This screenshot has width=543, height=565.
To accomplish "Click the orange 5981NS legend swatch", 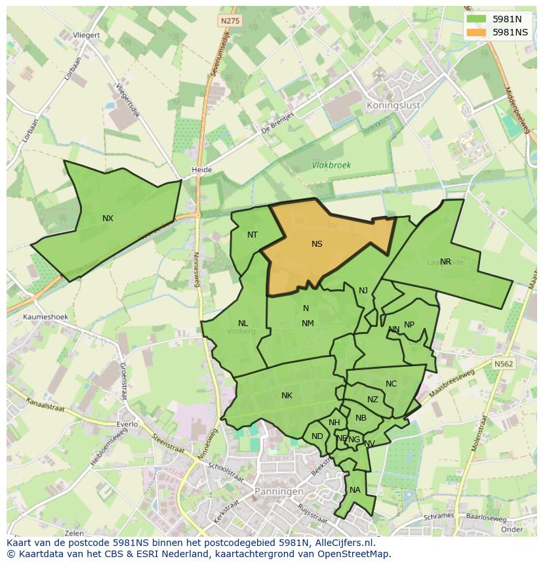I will [479, 32].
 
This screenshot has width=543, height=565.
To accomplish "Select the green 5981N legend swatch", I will [479, 19].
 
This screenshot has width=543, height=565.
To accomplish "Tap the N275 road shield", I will [230, 21].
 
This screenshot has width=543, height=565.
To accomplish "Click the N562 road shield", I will [504, 364].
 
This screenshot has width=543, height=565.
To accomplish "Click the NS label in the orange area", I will [317, 244].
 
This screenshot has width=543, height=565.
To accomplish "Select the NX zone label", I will [108, 219].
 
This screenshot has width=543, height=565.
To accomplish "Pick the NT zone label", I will [252, 235].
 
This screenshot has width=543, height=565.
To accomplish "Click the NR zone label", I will [445, 262].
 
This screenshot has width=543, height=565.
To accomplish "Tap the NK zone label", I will [287, 396].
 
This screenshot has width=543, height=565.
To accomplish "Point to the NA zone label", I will [355, 490].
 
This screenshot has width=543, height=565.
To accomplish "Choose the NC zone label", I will [391, 384].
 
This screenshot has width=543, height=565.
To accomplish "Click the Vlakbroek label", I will [331, 165].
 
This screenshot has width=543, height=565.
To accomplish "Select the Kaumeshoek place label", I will [46, 317].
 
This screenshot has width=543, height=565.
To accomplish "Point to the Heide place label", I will [201, 170].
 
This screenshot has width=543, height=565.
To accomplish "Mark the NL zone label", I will [243, 324].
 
